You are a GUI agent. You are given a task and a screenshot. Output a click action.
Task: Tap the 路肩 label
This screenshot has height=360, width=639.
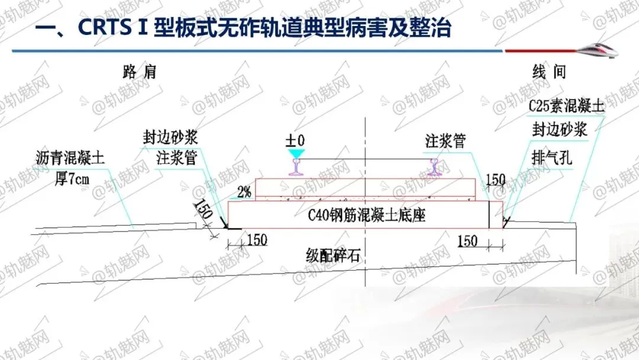140,72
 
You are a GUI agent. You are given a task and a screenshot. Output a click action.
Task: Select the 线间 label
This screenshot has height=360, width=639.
549,72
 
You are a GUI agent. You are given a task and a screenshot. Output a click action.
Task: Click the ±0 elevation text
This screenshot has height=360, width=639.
295,140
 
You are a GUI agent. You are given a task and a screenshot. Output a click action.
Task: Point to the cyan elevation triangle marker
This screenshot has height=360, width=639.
295,153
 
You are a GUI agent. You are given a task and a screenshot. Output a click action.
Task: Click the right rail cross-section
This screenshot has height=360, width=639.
437,168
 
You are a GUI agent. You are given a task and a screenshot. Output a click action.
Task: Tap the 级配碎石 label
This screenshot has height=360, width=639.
333,256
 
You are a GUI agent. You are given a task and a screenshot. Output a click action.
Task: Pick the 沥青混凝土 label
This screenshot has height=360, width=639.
69,159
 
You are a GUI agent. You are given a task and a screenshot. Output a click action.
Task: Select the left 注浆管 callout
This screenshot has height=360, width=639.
176,158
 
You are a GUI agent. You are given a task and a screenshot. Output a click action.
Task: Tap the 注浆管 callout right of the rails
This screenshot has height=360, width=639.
445,142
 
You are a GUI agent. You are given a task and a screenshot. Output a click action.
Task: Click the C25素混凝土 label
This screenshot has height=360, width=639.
566,107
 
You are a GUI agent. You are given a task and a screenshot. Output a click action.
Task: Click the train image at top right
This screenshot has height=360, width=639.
598,49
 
